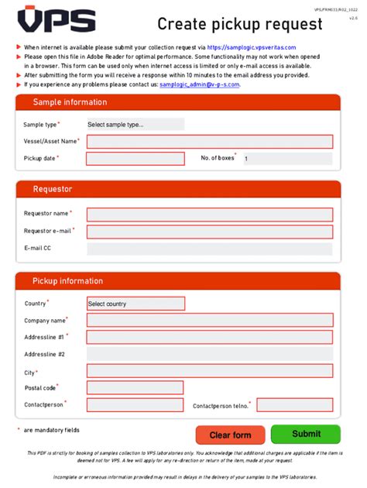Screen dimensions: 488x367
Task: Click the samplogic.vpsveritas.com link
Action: tap(252, 47)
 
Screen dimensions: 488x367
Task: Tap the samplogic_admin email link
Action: tap(200, 84)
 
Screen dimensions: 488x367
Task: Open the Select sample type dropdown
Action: tap(135, 124)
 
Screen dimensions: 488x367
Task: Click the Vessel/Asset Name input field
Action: tap(210, 142)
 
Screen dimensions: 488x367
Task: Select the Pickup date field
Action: tap(135, 159)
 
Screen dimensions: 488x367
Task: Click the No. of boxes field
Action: tap(287, 159)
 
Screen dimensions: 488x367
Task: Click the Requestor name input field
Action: tap(210, 214)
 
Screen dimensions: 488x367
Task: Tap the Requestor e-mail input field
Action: tap(210, 232)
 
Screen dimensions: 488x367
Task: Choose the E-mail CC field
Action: tap(210, 249)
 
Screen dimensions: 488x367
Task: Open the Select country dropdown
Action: tap(135, 304)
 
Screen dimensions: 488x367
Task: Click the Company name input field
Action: tap(210, 320)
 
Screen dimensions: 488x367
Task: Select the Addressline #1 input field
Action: tap(210, 337)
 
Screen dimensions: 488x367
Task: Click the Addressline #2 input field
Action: tap(210, 354)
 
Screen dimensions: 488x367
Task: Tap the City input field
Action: tap(210, 371)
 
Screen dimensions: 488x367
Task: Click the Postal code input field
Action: tap(135, 387)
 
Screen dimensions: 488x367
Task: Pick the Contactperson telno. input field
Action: tap(295, 404)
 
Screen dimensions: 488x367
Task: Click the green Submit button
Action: tap(306, 435)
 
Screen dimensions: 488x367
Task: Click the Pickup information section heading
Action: tap(67, 281)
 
